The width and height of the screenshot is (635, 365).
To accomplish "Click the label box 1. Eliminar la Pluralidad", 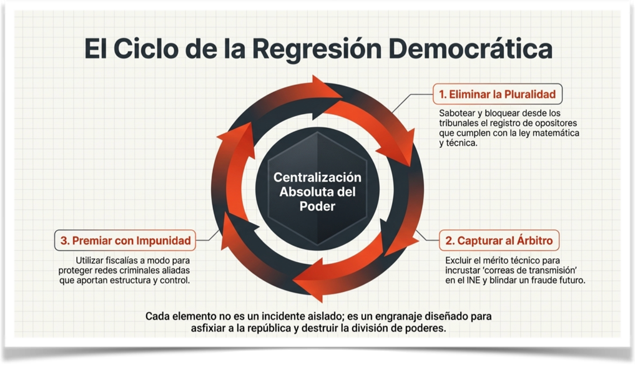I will (x=497, y=94).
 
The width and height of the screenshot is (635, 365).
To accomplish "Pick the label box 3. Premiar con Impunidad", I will (x=126, y=240).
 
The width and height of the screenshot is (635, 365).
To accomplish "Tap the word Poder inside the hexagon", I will (x=317, y=207).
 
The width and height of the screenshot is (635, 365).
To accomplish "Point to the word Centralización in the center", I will (x=317, y=177).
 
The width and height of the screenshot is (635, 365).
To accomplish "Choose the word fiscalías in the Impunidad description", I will (x=126, y=260).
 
